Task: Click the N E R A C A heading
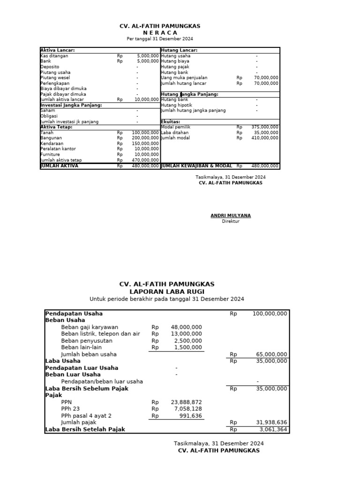[x=160, y=33]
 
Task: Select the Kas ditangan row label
[x=54, y=56]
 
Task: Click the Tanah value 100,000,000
[x=145, y=133]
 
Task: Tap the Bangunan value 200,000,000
[x=145, y=138]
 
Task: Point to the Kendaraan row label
[x=52, y=143]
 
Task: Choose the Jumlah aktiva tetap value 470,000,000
[x=145, y=160]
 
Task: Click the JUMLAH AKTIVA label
[x=60, y=165]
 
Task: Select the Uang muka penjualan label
[x=184, y=78]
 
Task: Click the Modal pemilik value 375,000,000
[x=265, y=127]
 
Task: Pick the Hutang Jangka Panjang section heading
[x=189, y=94]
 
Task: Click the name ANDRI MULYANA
[x=231, y=216]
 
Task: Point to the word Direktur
[x=231, y=221]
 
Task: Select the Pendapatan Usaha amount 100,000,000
[x=270, y=314]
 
